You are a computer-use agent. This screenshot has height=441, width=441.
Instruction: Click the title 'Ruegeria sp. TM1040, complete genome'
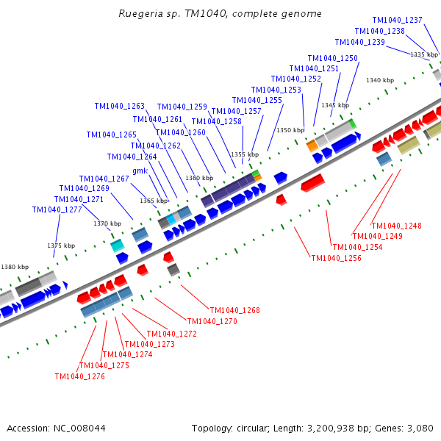coord(220,14)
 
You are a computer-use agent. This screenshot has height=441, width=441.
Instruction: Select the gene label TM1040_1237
coord(397,21)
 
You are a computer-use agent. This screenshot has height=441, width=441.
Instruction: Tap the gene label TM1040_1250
coord(332,59)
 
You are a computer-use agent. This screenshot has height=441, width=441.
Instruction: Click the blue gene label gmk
coord(140,171)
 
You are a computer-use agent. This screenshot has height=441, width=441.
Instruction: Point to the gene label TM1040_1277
coord(57,210)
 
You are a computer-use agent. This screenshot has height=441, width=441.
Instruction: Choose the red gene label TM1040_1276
coord(79,377)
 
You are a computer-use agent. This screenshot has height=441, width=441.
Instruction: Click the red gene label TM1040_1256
coord(336,259)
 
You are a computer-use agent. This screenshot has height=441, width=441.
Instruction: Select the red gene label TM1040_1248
coord(396,226)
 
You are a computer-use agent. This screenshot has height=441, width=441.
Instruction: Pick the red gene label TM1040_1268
coord(234,311)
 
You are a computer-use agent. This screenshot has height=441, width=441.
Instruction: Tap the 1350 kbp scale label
coord(290,130)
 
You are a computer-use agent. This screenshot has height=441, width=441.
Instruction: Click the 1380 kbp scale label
coord(15,268)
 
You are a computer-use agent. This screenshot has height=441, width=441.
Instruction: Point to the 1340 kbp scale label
coord(380,81)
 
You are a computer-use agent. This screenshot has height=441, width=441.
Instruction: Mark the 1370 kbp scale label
coord(107,223)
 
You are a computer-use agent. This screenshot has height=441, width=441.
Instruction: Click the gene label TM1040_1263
coord(119,107)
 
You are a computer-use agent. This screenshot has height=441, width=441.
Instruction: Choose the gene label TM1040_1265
coord(111,135)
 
